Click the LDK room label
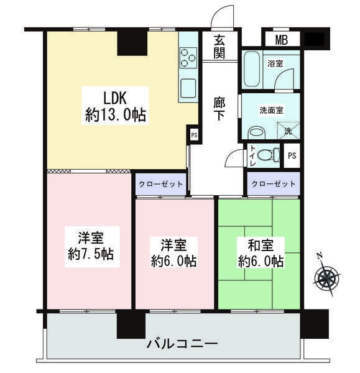116,98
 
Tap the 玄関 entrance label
219,47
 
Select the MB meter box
282,40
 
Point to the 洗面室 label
271,111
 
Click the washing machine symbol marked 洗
288,131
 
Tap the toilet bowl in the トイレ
268,154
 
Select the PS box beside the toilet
292,155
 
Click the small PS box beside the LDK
194,135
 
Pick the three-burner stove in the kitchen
188,58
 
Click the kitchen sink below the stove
188,87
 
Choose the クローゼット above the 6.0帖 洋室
161,185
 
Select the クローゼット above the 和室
274,184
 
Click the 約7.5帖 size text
91,254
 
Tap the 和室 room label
261,246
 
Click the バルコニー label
182,344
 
